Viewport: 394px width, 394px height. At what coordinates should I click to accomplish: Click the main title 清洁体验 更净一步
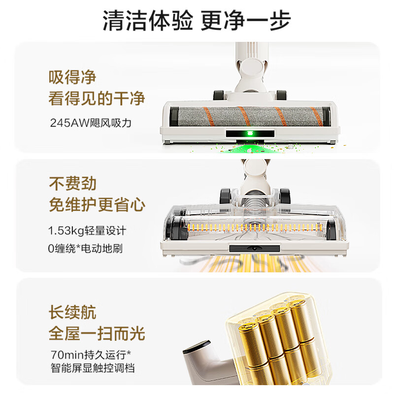[x=197, y=21]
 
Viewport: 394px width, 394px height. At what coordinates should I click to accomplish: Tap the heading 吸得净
[x=72, y=77]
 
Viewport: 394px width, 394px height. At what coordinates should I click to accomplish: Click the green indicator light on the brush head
[x=249, y=133]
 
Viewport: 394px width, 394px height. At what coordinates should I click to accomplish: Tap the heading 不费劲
[x=72, y=184]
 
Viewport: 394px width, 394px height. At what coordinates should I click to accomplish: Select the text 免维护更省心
[x=97, y=205]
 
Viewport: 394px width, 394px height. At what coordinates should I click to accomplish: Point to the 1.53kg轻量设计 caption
[x=87, y=230]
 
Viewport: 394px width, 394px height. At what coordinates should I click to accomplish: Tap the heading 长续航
[x=72, y=313]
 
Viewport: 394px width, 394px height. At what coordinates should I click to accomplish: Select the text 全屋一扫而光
[x=97, y=333]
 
